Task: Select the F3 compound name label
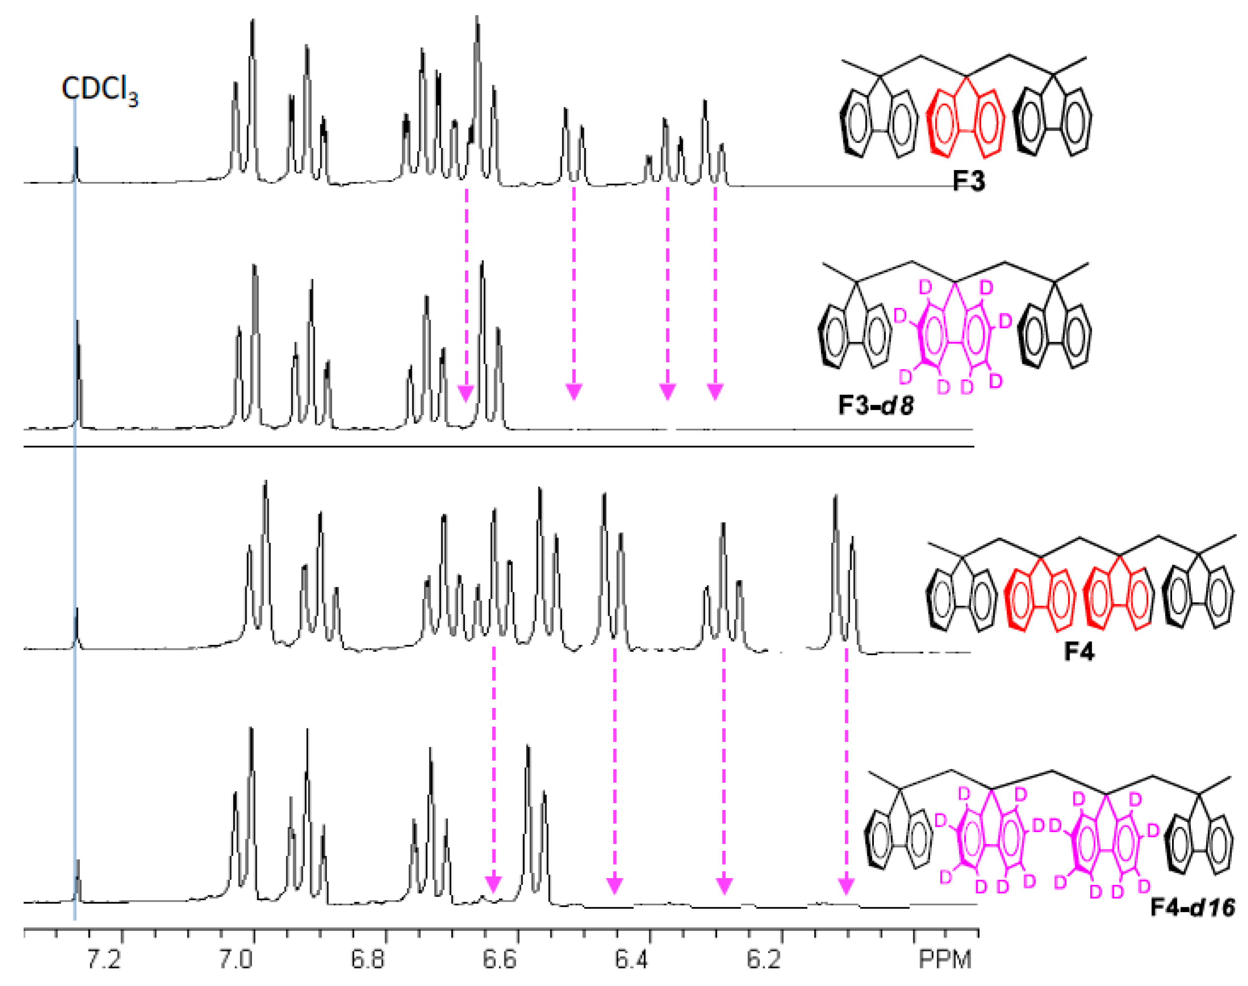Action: pyautogui.click(x=968, y=181)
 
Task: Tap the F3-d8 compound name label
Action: pyautogui.click(x=876, y=405)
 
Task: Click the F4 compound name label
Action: pyautogui.click(x=1079, y=652)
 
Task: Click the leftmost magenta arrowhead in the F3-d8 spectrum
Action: pyautogui.click(x=466, y=394)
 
